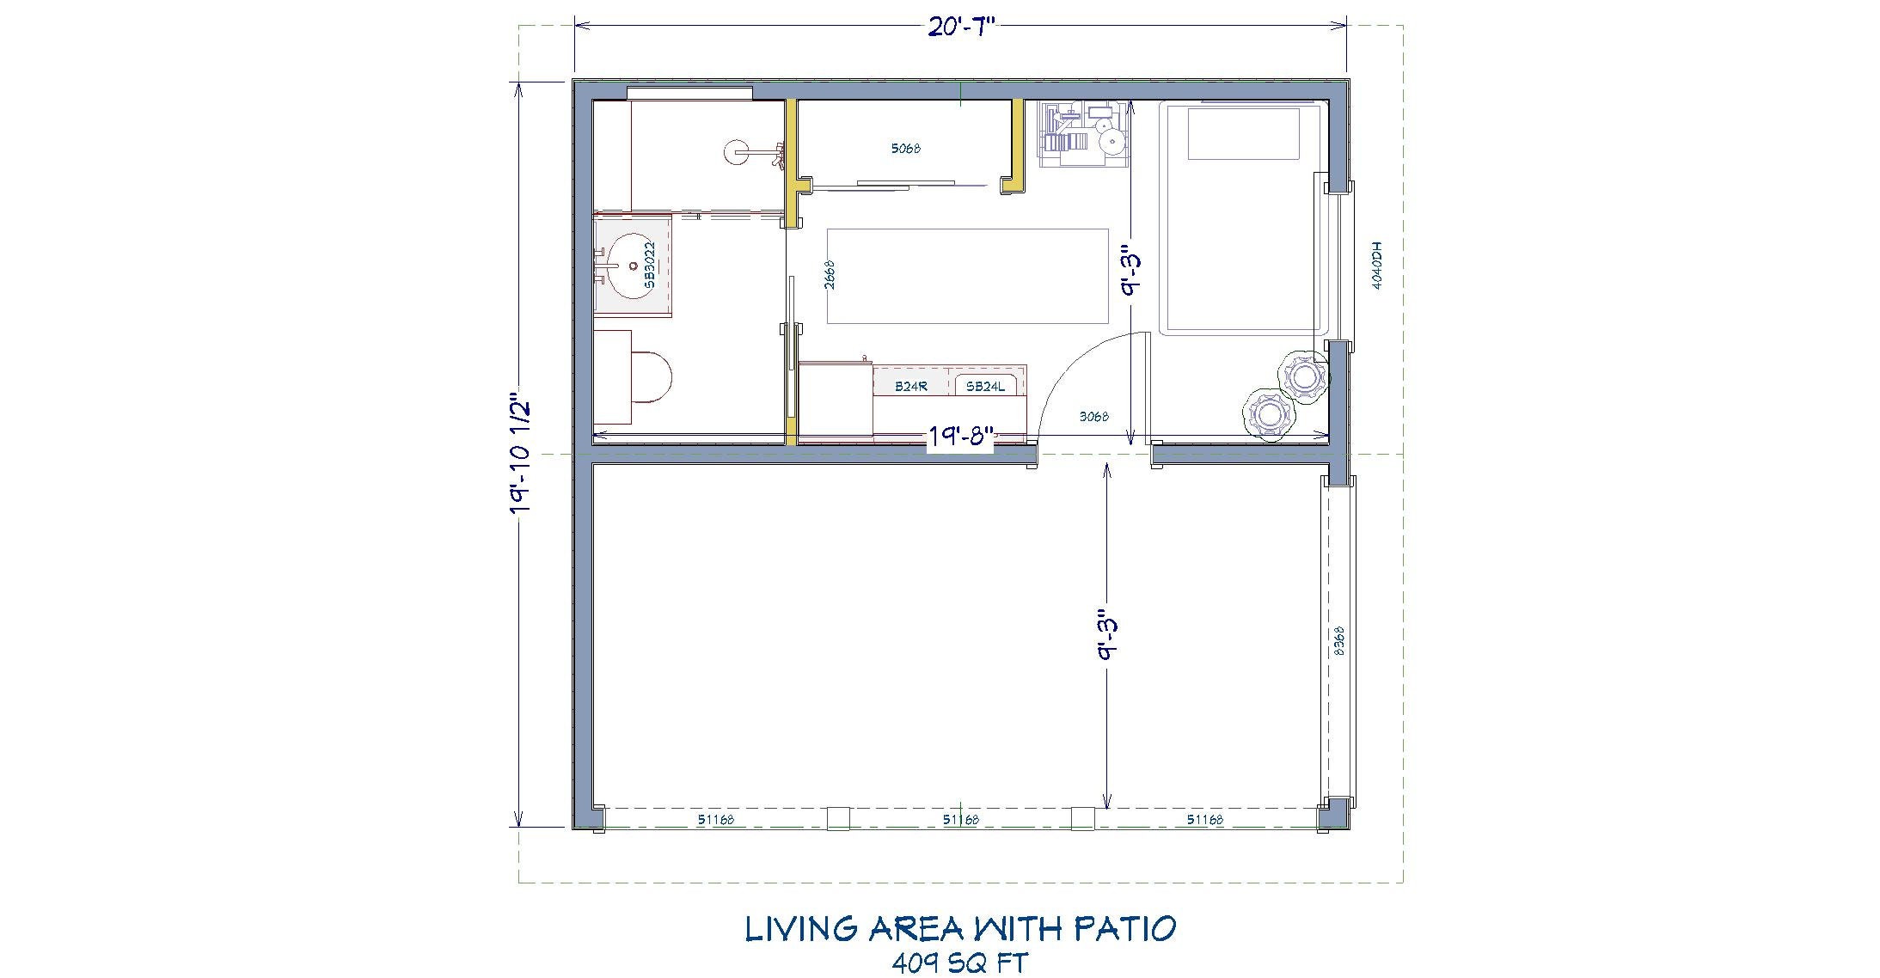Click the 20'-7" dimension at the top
pos(960,28)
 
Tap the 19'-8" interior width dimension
pos(960,437)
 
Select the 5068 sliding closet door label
pos(905,149)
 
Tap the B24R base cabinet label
pos(910,387)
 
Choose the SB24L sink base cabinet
pos(984,387)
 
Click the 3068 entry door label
pos(1093,417)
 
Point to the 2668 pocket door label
pos(830,275)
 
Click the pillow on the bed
pos(1243,133)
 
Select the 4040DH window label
pos(1375,266)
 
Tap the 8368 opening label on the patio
pos(1338,641)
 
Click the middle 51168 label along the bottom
pos(960,820)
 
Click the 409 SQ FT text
pos(960,962)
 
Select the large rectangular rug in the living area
pos(967,276)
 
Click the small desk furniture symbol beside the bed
pos(1084,133)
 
